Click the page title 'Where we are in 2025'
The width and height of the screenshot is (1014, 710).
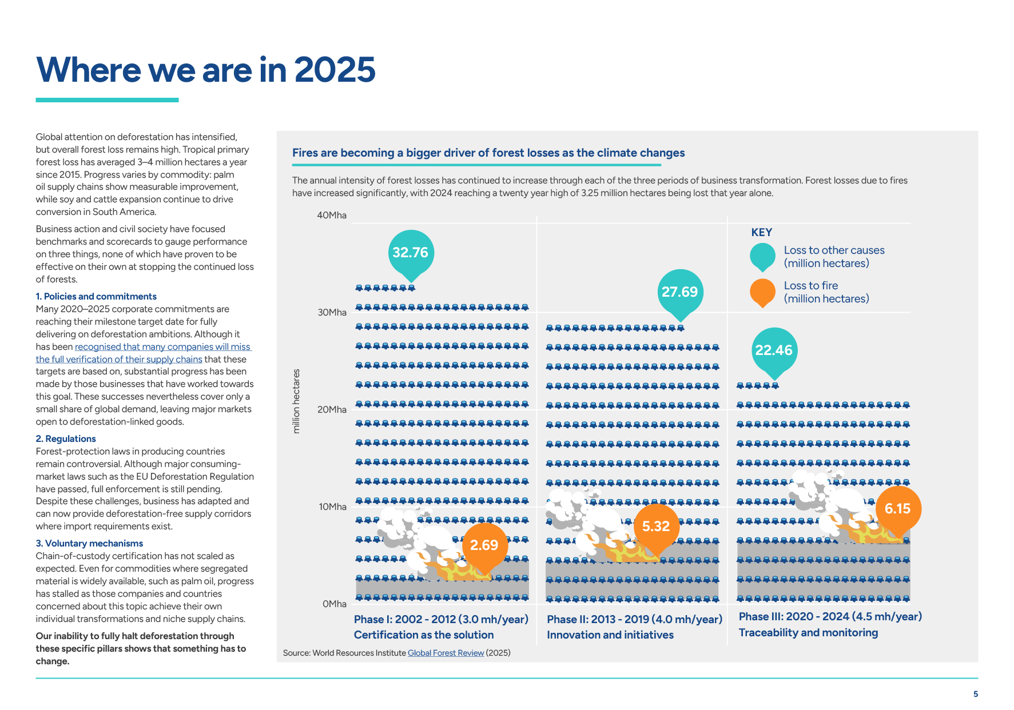pyautogui.click(x=205, y=70)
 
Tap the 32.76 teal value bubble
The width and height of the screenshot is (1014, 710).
pyautogui.click(x=411, y=253)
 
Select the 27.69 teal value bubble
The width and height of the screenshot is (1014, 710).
pyautogui.click(x=679, y=292)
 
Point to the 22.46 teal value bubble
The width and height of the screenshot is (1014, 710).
pyautogui.click(x=774, y=350)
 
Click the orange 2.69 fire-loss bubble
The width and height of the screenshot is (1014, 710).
pyautogui.click(x=484, y=545)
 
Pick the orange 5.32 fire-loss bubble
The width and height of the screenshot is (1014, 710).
pyautogui.click(x=656, y=526)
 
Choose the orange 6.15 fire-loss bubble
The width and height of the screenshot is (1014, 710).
pyautogui.click(x=897, y=509)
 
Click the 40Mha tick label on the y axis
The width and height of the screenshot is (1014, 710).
pyautogui.click(x=332, y=216)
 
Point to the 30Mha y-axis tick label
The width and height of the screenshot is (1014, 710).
pyautogui.click(x=332, y=313)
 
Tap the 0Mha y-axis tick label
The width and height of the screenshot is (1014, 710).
pyautogui.click(x=334, y=604)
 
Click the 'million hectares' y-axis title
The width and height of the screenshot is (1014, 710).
pyautogui.click(x=296, y=401)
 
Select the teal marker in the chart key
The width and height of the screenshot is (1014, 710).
pyautogui.click(x=762, y=256)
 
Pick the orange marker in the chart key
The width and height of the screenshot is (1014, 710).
pyautogui.click(x=762, y=292)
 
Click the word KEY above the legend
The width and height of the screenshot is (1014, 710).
pyautogui.click(x=762, y=233)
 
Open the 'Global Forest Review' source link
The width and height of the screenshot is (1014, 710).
pyautogui.click(x=446, y=653)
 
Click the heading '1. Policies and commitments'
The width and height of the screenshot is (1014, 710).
pyautogui.click(x=96, y=297)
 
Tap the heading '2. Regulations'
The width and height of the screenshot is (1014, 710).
pyautogui.click(x=66, y=439)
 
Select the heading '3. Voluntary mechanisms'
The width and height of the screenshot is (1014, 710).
pyautogui.click(x=89, y=544)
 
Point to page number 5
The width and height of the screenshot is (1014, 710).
pyautogui.click(x=976, y=694)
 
